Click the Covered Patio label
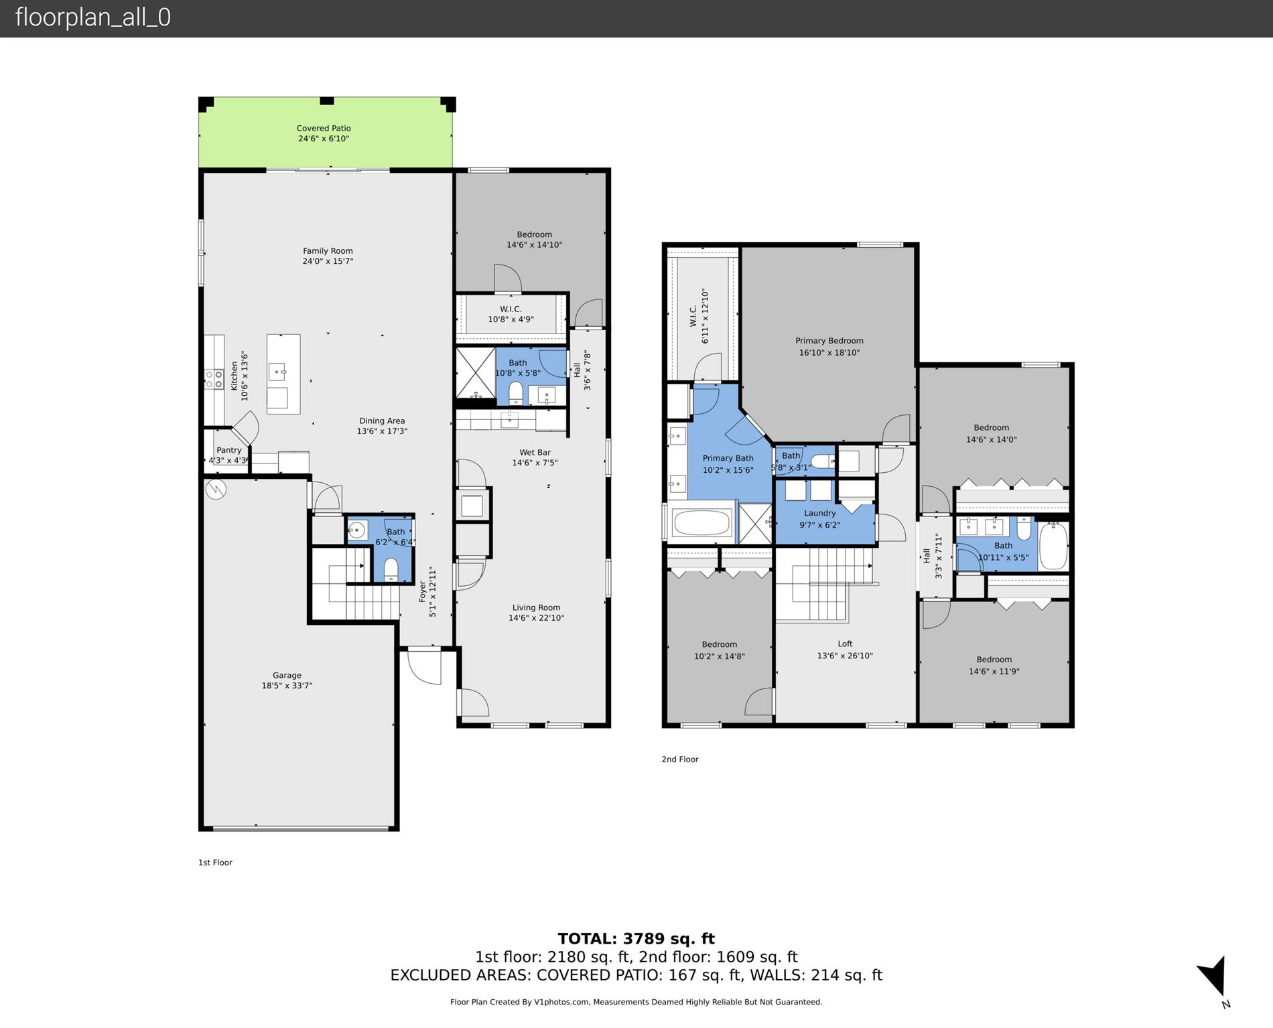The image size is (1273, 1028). tap(324, 128)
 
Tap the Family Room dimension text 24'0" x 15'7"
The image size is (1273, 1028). tap(327, 261)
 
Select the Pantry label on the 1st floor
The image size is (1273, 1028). tap(228, 450)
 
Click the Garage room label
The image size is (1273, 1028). tap(287, 675)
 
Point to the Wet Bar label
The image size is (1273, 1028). tap(535, 452)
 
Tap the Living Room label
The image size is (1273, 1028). tap(536, 607)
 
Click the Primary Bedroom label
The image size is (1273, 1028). tap(829, 340)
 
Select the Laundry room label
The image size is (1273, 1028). tap(819, 513)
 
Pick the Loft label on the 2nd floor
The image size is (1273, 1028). tap(845, 644)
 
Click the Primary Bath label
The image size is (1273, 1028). tap(728, 458)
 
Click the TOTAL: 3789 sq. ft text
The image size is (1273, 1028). tap(636, 939)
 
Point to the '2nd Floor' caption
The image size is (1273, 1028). tap(679, 759)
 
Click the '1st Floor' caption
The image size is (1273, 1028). tap(215, 863)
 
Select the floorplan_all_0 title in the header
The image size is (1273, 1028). tap(93, 17)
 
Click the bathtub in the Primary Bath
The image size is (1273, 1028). tap(701, 523)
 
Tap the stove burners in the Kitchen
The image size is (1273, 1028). tap(214, 379)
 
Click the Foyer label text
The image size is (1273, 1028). tap(423, 591)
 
